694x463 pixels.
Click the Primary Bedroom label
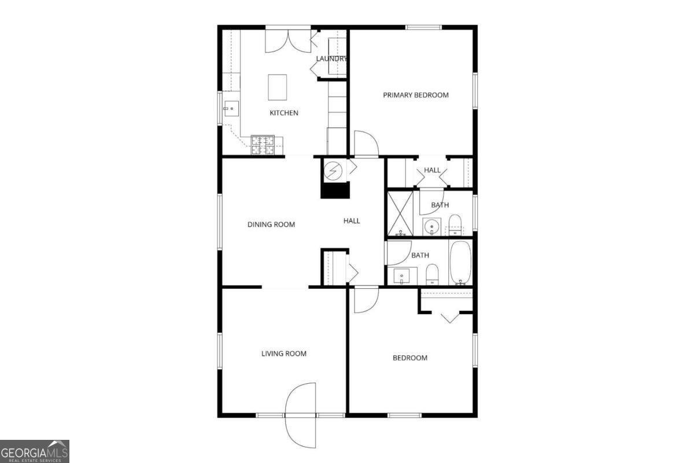(415, 95)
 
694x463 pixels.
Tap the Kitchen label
(284, 113)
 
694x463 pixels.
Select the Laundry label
(331, 58)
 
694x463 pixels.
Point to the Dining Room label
(271, 225)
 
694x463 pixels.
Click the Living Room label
(283, 354)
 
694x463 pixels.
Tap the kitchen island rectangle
(278, 87)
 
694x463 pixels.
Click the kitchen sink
(231, 108)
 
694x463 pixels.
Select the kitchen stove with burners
(263, 145)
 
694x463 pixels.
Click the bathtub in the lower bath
(460, 263)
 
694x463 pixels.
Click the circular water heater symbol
(333, 170)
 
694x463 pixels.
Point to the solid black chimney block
(335, 190)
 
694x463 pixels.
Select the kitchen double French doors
(288, 41)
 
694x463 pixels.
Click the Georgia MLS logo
(35, 451)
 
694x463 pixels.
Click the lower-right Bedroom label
(410, 358)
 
